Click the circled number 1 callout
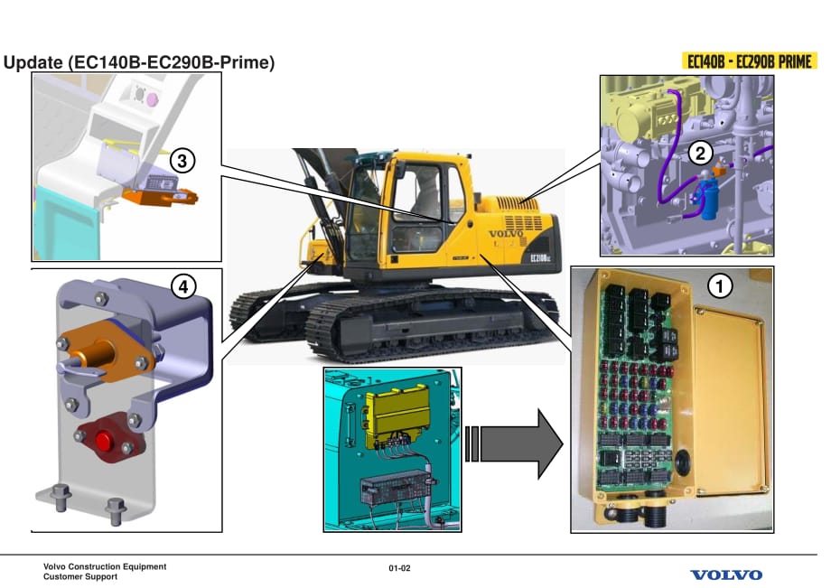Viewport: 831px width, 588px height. [x=719, y=286]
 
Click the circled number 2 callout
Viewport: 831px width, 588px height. [x=699, y=153]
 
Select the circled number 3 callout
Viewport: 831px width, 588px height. [x=182, y=162]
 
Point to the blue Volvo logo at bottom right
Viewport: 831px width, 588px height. [x=726, y=574]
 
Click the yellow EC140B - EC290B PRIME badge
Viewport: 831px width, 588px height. [x=749, y=62]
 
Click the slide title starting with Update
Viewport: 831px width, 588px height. [x=139, y=63]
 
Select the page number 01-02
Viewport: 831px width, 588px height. [x=400, y=568]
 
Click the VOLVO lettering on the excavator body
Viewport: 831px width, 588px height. [x=507, y=233]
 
